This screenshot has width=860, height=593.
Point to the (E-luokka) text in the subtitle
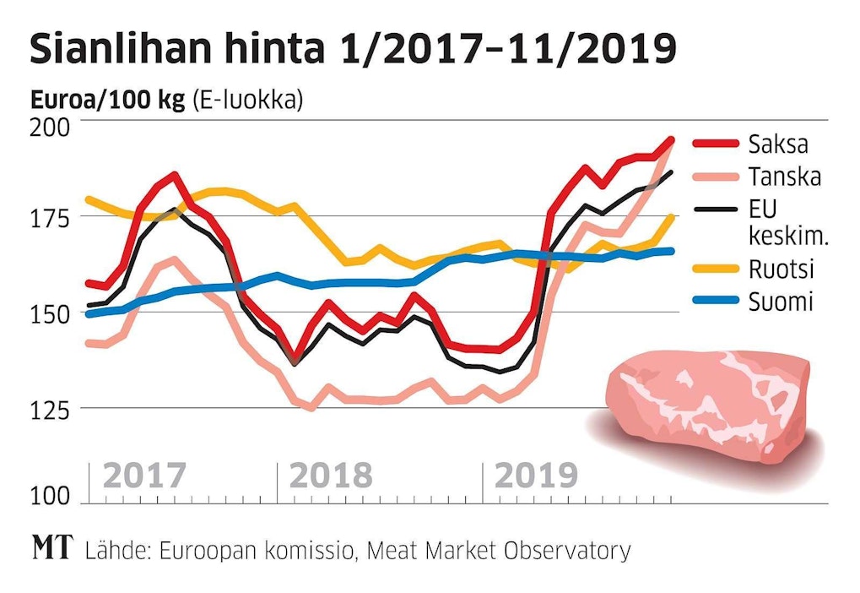[247, 101]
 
